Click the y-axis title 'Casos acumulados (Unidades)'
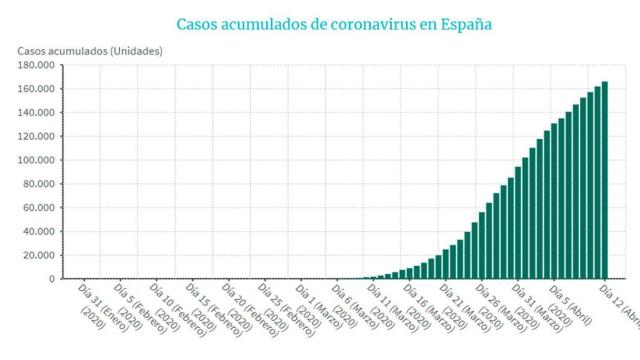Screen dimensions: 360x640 tap(89, 51)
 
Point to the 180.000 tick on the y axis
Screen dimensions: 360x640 tap(36, 65)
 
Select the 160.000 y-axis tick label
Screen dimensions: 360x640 tap(36, 89)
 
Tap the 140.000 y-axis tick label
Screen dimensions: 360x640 tap(36, 113)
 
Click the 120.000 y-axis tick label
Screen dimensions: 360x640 tap(36, 136)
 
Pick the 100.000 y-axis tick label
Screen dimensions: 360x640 tap(36, 160)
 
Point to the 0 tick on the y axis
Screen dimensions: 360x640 tap(50, 279)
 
